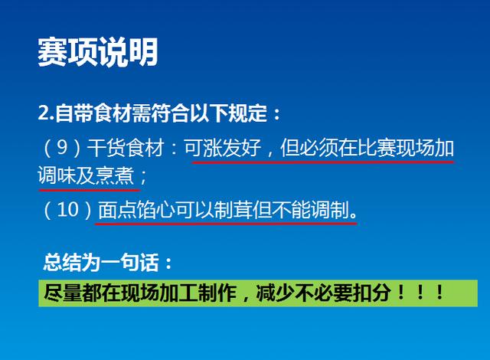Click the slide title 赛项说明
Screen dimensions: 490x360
pyautogui.click(x=97, y=52)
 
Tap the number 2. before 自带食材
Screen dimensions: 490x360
pyautogui.click(x=46, y=113)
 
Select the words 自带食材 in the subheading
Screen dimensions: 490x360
pyautogui.click(x=93, y=113)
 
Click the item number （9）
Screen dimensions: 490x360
pyautogui.click(x=62, y=148)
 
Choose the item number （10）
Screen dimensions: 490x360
pyautogui.click(x=68, y=210)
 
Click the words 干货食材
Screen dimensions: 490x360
pyautogui.click(x=126, y=148)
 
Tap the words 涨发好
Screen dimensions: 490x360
pyautogui.click(x=232, y=148)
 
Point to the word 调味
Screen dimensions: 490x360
pyautogui.click(x=57, y=175)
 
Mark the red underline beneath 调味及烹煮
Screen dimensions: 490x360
pyautogui.click(x=90, y=189)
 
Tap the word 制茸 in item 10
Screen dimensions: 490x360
pyautogui.click(x=233, y=210)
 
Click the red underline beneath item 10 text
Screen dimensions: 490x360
pyautogui.click(x=226, y=224)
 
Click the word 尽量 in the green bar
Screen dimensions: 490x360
pyautogui.click(x=63, y=293)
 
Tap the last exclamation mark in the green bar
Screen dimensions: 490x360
pyautogui.click(x=439, y=293)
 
